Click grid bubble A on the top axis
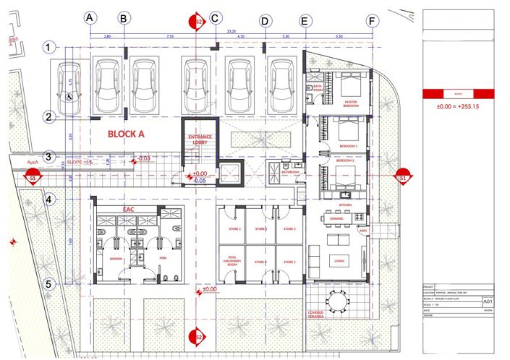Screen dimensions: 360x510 90,17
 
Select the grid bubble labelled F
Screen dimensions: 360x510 372,21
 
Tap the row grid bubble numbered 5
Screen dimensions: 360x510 48,284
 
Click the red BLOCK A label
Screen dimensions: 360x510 127,134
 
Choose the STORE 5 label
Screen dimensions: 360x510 289,261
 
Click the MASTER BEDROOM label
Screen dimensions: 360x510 351,102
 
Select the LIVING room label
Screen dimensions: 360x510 337,260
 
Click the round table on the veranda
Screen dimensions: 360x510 337,300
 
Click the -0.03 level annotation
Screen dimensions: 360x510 143,158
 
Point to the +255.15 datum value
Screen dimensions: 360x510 462,106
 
